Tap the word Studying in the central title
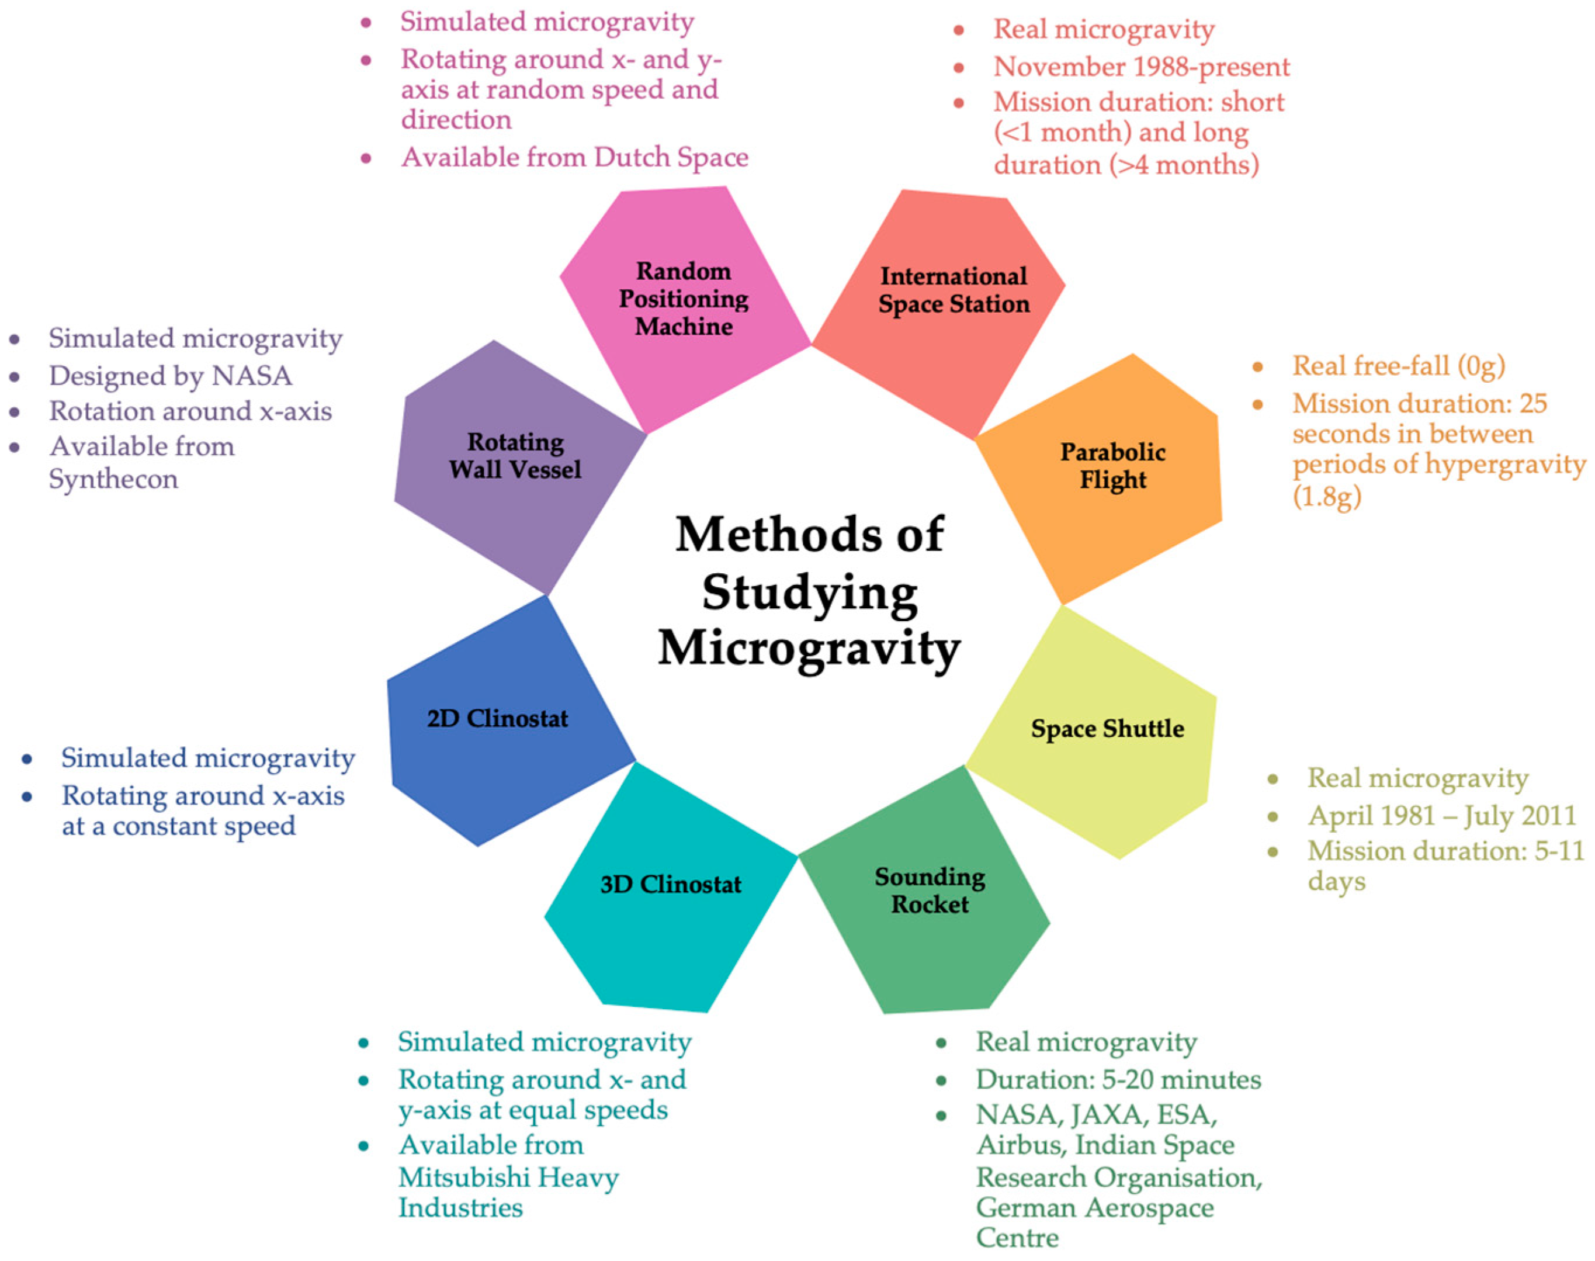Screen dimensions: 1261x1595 click(x=810, y=593)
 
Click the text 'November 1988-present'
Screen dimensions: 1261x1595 click(x=1141, y=67)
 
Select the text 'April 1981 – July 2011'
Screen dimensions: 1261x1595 click(x=1441, y=815)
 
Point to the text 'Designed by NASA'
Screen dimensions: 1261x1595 click(x=171, y=376)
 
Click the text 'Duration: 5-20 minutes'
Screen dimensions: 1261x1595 click(x=1118, y=1079)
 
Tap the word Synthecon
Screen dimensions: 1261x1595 click(x=114, y=479)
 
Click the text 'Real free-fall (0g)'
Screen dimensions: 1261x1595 click(x=1399, y=365)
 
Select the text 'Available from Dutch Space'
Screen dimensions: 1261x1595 click(x=574, y=157)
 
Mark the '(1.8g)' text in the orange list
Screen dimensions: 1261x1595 click(x=1326, y=496)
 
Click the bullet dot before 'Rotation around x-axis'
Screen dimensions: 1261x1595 click(x=15, y=412)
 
